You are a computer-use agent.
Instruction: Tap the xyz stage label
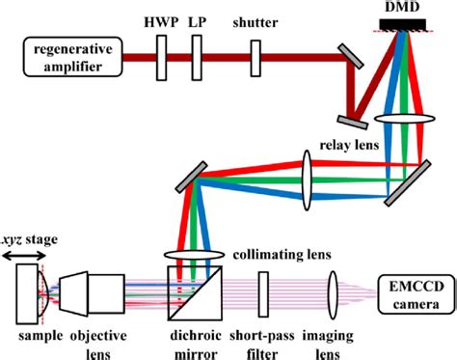(28, 241)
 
